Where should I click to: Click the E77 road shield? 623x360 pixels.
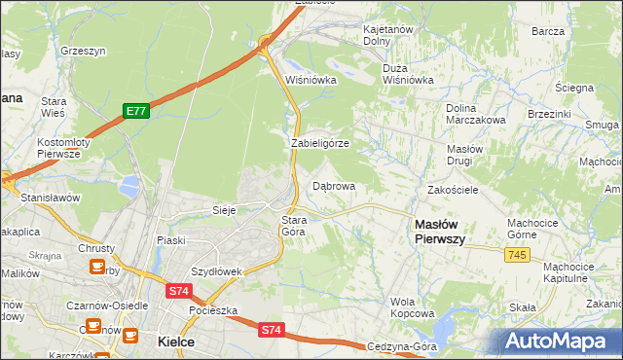tap(135, 112)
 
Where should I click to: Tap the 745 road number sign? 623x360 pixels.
tap(518, 254)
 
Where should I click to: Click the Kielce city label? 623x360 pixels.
tap(175, 342)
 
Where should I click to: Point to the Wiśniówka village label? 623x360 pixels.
tap(311, 80)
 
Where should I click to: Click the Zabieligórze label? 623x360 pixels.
tap(320, 143)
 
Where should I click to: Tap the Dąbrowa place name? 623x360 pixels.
tap(333, 185)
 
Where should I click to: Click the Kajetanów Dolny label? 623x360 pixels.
tap(388, 35)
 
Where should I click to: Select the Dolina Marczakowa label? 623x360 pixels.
tap(475, 114)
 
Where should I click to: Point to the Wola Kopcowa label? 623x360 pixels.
tap(412, 307)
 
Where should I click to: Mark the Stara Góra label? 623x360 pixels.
tap(294, 226)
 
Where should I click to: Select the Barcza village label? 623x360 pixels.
tap(548, 31)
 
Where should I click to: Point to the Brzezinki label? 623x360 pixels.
tap(549, 114)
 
